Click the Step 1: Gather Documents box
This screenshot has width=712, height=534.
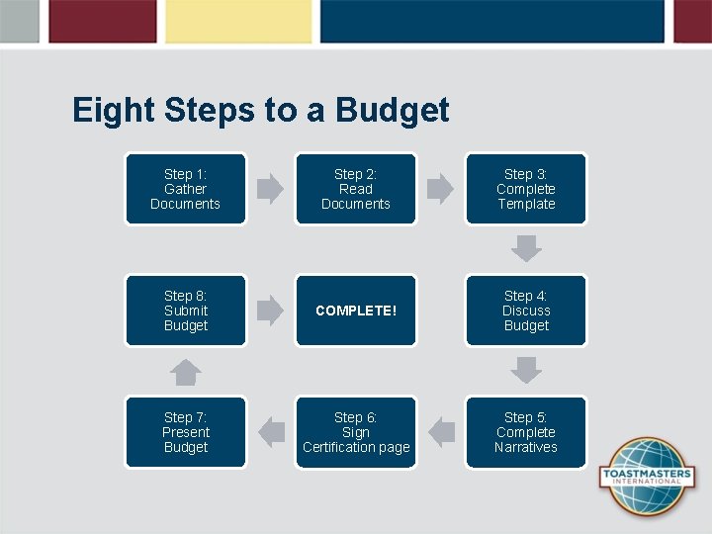pos(185,189)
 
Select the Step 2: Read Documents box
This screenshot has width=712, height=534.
pos(356,189)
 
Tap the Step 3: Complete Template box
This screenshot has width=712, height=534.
pos(526,189)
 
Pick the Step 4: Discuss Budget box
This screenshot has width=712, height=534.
pos(526,311)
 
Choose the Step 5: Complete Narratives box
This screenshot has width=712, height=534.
pos(526,432)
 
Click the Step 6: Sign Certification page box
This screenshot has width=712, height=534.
pos(356,432)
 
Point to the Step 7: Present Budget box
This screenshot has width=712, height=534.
pos(185,432)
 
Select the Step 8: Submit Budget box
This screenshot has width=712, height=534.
pos(185,311)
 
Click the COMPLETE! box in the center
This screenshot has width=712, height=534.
pos(356,311)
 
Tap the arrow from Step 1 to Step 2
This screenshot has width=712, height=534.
pos(270,189)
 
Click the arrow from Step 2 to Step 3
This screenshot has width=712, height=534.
pos(440,189)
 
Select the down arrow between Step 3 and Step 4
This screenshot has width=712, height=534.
pos(526,248)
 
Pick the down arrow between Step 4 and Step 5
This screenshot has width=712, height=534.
pos(526,370)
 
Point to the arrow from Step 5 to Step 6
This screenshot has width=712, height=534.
pos(441,432)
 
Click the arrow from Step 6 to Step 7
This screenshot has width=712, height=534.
pos(270,432)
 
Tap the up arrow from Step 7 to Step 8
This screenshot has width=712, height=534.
pos(185,372)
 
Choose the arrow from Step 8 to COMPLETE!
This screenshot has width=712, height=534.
pos(270,311)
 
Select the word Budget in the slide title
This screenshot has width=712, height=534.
pos(393,110)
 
